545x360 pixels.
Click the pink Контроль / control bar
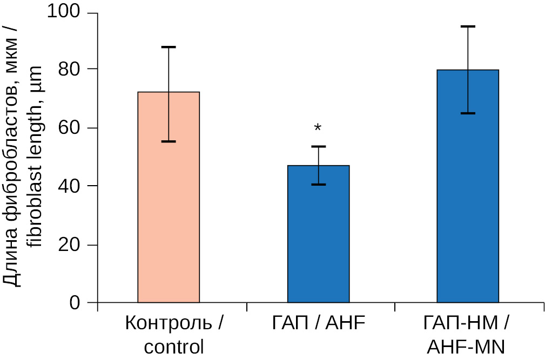click(169, 216)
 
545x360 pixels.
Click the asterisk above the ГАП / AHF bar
click(318, 128)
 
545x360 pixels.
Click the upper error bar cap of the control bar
click(169, 47)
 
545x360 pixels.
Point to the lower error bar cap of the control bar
click(169, 141)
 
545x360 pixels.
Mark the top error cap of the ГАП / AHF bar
click(318, 146)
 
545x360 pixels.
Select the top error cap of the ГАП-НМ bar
click(468, 26)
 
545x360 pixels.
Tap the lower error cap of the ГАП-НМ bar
click(468, 113)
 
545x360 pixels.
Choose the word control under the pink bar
click(174, 346)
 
